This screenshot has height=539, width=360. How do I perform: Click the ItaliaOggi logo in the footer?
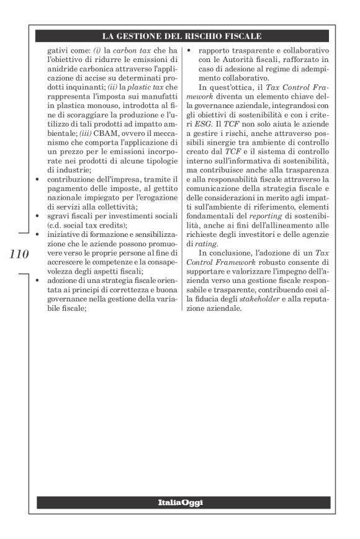(x=180, y=502)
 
